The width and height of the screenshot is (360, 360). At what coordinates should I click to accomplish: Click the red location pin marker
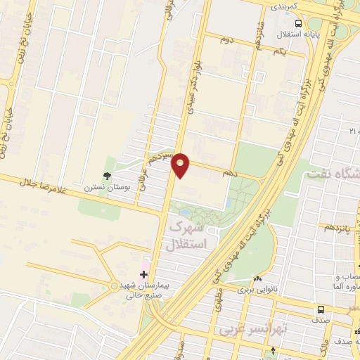[x=181, y=165]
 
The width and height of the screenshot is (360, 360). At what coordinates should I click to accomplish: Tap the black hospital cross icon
[x=144, y=274]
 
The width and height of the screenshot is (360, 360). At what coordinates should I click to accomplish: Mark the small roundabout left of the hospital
[x=114, y=285]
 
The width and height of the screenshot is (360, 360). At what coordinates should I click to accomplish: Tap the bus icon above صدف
[x=321, y=309]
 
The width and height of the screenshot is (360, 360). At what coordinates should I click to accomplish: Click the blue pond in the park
[x=184, y=211]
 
